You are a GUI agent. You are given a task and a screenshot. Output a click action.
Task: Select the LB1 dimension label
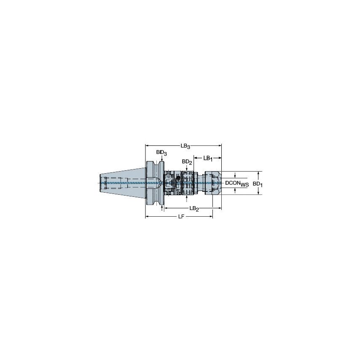point(208,158)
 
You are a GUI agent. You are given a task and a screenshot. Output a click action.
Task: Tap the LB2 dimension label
point(194,209)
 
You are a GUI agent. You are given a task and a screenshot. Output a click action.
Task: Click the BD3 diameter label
point(161,152)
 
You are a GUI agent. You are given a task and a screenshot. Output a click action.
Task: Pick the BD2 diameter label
point(187,162)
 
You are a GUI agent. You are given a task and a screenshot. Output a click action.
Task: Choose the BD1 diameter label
point(257,184)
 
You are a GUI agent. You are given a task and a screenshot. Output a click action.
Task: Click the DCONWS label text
point(236,183)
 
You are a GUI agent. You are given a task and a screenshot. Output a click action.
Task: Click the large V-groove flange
point(153,183)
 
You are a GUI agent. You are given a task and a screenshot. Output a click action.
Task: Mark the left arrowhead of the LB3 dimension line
point(147,146)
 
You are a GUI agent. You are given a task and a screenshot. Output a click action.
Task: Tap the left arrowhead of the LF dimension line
point(147,217)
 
